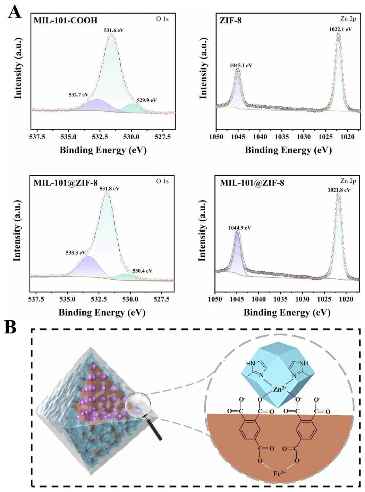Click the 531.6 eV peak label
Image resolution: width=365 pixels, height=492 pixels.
tap(113, 30)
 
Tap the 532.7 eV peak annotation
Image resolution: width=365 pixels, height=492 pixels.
tap(78, 95)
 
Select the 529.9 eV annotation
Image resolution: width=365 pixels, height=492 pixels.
tap(146, 100)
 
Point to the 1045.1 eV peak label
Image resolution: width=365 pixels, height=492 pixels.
tap(241, 65)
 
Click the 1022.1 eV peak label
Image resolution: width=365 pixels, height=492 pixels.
tap(340, 29)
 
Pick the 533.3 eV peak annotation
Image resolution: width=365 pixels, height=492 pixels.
tap(76, 253)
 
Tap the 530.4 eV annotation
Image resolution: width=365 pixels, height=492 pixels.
tap(142, 271)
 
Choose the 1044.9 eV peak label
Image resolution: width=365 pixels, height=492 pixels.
tap(239, 228)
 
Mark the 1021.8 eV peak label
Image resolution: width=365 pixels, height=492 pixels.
tap(339, 190)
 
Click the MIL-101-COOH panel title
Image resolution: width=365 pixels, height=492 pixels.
tap(65, 20)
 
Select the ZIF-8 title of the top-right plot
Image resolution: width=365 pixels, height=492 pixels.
tap(230, 20)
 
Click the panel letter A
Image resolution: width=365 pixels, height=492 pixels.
tap(15, 13)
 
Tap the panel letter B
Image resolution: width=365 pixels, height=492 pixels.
tap(10, 327)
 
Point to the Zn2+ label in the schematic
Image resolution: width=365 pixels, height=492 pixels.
tap(279, 389)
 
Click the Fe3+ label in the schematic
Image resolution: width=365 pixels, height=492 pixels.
tap(279, 473)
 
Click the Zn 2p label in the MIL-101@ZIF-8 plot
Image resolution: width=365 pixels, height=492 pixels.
tap(348, 181)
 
